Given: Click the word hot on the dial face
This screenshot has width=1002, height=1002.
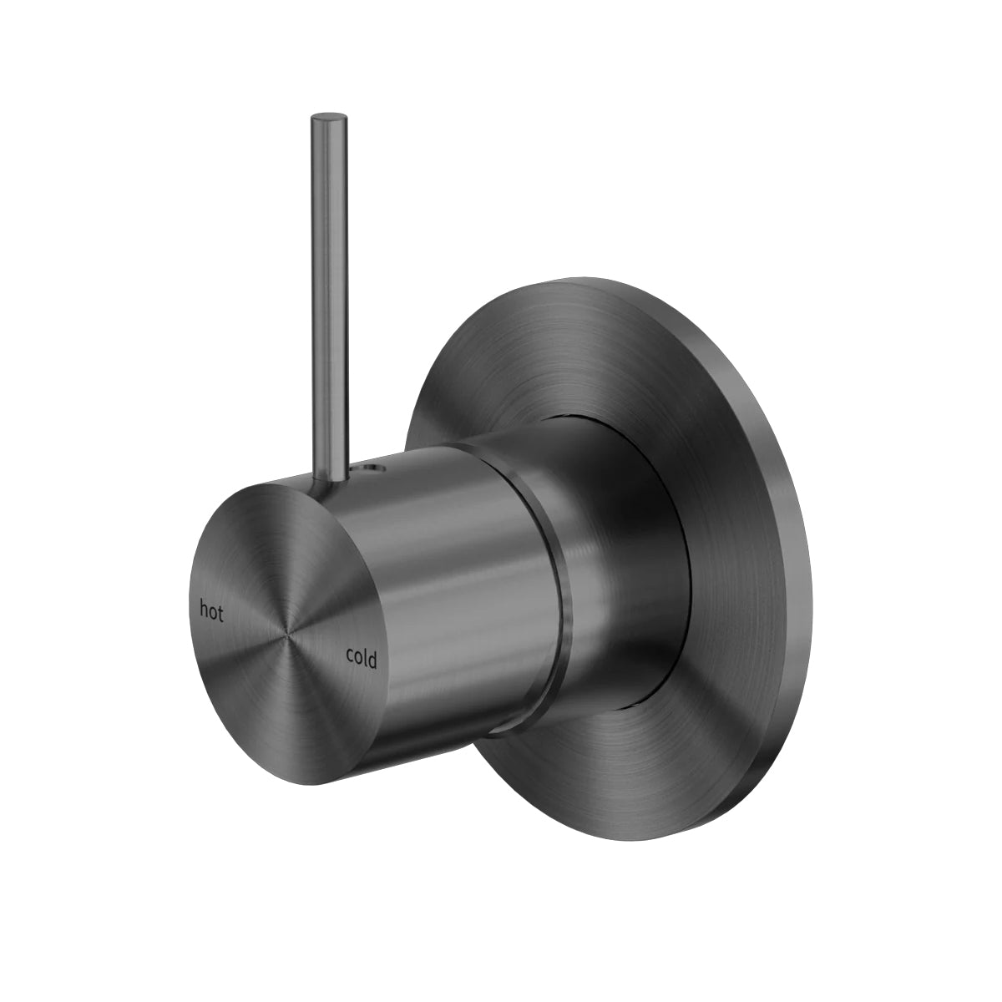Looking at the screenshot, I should [x=212, y=612].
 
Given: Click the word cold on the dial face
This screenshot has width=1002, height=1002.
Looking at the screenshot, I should [x=362, y=659].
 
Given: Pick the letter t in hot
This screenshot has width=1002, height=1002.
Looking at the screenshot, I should [x=220, y=614].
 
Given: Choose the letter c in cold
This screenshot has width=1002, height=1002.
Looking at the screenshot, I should [x=351, y=657].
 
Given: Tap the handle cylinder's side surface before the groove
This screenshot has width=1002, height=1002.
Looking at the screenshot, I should [x=468, y=584].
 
